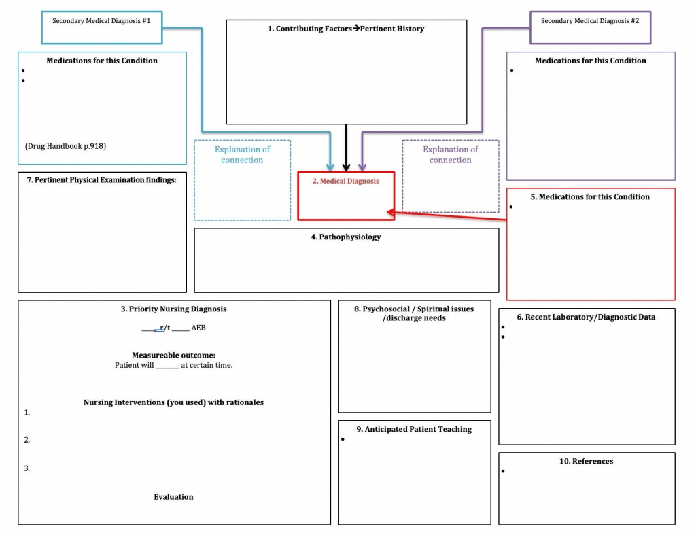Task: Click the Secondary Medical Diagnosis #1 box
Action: pos(101,21)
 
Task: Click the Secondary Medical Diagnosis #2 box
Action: pos(590,21)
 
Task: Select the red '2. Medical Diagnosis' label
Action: pos(345,181)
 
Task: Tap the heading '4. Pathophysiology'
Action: pos(346,237)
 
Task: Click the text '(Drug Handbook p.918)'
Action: pos(65,146)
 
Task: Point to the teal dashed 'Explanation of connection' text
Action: pos(242,155)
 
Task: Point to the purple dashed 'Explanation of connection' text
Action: pos(450,155)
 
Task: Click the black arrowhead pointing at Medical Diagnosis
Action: pos(346,166)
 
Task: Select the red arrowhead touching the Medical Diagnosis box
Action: pos(391,213)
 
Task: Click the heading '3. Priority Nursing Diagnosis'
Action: pos(173,309)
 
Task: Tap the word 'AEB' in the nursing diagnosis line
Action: pos(198,328)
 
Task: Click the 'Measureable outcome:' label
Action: pos(173,355)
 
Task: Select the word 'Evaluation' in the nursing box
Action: pos(173,497)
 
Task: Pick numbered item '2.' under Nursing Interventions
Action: pos(27,440)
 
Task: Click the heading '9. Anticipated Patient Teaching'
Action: pos(414,429)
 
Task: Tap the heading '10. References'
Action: pos(586,461)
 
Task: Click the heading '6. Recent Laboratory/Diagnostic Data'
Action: pos(586,317)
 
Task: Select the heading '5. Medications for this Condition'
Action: pos(590,196)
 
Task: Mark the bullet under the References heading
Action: pos(503,472)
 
